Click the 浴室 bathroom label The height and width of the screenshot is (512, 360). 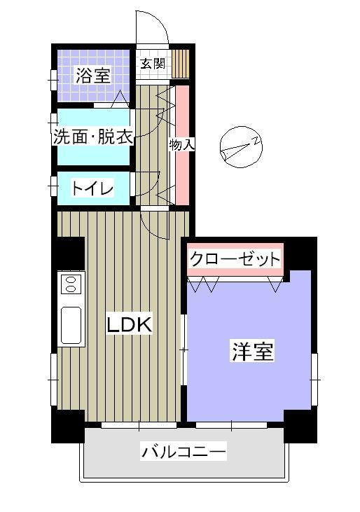pyautogui.click(x=93, y=76)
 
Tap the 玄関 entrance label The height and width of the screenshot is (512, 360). pyautogui.click(x=153, y=63)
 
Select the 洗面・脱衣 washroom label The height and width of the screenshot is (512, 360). pyautogui.click(x=93, y=137)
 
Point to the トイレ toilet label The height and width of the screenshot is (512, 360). pyautogui.click(x=92, y=188)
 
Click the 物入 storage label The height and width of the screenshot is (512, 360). pyautogui.click(x=182, y=145)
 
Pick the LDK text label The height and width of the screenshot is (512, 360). pyautogui.click(x=130, y=325)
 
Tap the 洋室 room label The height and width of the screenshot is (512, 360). pyautogui.click(x=253, y=351)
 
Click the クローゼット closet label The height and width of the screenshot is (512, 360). pyautogui.click(x=235, y=259)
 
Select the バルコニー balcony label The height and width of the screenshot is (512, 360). pyautogui.click(x=184, y=452)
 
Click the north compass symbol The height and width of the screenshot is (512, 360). pyautogui.click(x=241, y=147)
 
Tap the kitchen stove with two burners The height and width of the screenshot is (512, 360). pyautogui.click(x=71, y=284)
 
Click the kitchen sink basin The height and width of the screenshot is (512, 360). pyautogui.click(x=71, y=325)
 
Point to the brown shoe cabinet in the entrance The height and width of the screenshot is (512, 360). pyautogui.click(x=181, y=64)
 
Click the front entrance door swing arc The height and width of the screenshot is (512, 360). pyautogui.click(x=159, y=20)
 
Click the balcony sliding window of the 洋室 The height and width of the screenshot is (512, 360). pyautogui.click(x=231, y=425)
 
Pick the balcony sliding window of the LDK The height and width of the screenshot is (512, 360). pyautogui.click(x=139, y=425)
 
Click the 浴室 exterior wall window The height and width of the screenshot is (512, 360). pyautogui.click(x=53, y=80)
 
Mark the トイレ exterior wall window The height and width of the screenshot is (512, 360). pyautogui.click(x=53, y=186)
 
